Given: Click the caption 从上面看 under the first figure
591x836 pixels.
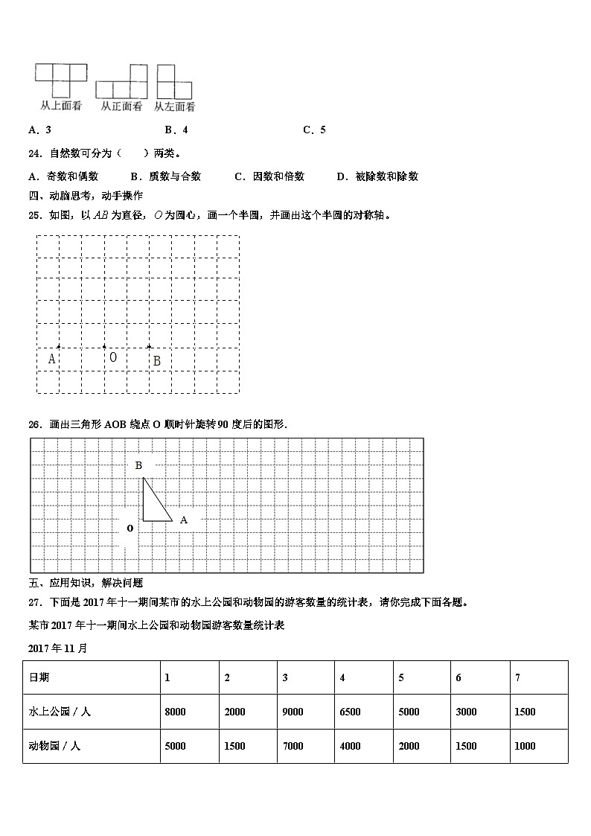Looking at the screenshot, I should pyautogui.click(x=61, y=106).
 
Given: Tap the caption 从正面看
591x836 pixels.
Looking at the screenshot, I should pyautogui.click(x=121, y=106).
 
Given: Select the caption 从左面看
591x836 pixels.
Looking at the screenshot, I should pyautogui.click(x=175, y=106).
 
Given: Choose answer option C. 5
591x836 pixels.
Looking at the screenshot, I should pyautogui.click(x=314, y=130).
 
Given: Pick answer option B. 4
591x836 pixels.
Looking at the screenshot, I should pyautogui.click(x=176, y=130).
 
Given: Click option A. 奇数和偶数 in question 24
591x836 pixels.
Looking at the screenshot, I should pyautogui.click(x=63, y=176).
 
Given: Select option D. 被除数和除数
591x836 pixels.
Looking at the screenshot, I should pyautogui.click(x=377, y=176).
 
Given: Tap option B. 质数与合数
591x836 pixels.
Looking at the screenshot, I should pyautogui.click(x=165, y=176).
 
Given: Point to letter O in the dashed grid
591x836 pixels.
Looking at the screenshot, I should pyautogui.click(x=113, y=357).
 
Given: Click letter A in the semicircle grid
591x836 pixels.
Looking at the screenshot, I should pyautogui.click(x=51, y=359).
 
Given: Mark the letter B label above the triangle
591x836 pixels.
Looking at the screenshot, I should pyautogui.click(x=138, y=465).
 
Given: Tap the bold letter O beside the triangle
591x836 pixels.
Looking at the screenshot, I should pyautogui.click(x=130, y=528).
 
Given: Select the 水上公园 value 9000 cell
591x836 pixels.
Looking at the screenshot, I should pyautogui.click(x=293, y=712).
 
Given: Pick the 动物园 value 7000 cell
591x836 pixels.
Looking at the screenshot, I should pyautogui.click(x=293, y=746).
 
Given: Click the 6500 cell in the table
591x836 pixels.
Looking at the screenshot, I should pyautogui.click(x=350, y=712).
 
